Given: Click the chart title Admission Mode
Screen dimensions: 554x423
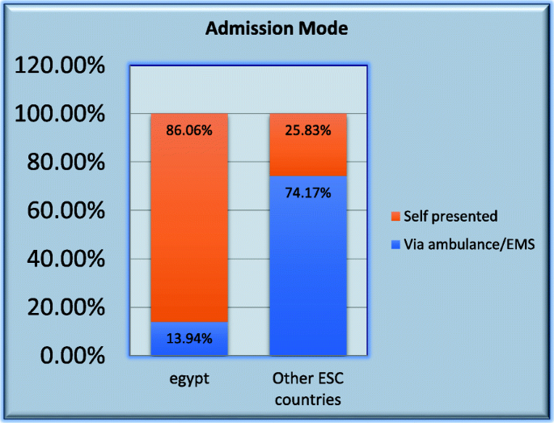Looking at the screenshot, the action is coord(277,28).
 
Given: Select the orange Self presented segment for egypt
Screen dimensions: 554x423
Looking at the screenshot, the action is coord(189,218).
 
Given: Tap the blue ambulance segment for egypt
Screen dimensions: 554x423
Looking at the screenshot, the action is coord(189,339).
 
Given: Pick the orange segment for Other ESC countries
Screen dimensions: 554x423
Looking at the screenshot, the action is coord(308,145).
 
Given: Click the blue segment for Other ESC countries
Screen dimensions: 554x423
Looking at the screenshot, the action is coord(308,265).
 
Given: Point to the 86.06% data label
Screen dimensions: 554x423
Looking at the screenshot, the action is coord(189,130).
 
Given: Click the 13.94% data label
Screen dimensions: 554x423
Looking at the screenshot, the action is coord(189,339).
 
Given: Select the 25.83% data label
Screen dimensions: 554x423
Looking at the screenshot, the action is coord(308,130).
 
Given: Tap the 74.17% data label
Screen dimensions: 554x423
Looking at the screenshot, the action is coord(308,193).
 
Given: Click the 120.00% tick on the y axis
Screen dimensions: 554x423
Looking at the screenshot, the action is coord(60,66).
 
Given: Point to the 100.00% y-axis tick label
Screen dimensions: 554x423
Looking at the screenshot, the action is coord(60,114).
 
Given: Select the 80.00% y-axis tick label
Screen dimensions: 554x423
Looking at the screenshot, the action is coord(66,163).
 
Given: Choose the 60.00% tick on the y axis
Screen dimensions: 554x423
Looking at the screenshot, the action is coord(66,210).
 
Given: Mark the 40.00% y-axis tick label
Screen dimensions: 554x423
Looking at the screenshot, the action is coord(66,259).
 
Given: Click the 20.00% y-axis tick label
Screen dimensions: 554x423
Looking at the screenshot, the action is coord(66,307).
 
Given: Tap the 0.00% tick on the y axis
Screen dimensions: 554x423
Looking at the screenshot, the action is coord(73,355).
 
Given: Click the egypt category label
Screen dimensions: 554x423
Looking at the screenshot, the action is coord(189,379).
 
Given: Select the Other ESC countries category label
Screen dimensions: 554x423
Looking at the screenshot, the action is coord(308,389).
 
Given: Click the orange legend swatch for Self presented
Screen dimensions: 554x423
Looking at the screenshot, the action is coord(395,216).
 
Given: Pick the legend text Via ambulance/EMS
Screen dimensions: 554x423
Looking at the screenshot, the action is coord(469,244).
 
